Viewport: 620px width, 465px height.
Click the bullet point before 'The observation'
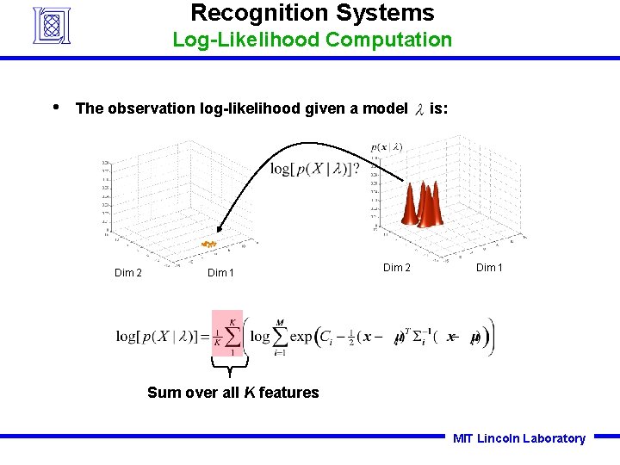55,108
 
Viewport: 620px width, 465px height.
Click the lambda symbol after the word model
419,109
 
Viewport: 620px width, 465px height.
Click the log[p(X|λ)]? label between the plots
314,168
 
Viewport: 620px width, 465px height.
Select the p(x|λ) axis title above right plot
387,147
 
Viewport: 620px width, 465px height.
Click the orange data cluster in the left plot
208,245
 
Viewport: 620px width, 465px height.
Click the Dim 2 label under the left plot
128,273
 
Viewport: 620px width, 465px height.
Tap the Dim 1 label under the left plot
220,273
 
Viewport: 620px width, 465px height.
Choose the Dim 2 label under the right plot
397,267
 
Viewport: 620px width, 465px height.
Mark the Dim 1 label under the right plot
489,267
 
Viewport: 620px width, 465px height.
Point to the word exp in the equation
301,336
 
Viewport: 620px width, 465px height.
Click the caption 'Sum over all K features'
232,393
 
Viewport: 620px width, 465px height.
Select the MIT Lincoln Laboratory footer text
518,438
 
